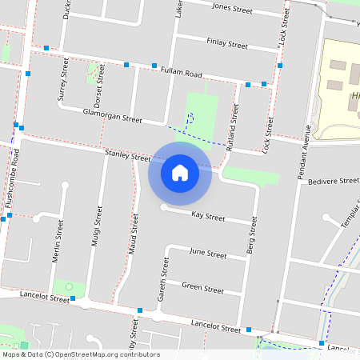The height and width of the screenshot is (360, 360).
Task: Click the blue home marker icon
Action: click(x=180, y=173)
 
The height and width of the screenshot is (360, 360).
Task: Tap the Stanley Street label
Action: click(x=127, y=155)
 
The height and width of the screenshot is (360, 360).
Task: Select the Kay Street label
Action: click(x=209, y=215)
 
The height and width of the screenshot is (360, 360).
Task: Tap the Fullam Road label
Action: click(x=181, y=72)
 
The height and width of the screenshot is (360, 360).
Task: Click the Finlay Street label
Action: click(x=226, y=44)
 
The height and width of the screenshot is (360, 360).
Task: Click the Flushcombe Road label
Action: click(x=11, y=183)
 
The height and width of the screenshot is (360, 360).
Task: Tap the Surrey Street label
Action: click(x=63, y=85)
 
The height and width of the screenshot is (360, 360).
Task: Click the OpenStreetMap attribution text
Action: click(x=81, y=354)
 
